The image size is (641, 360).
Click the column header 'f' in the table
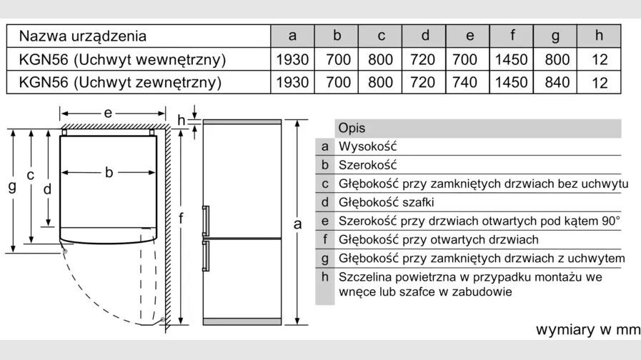pyautogui.click(x=512, y=35)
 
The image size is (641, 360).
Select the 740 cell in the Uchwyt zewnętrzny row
pyautogui.click(x=464, y=82)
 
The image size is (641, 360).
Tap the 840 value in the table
pyautogui.click(x=557, y=82)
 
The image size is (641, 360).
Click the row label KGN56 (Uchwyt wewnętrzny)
pyautogui.click(x=122, y=60)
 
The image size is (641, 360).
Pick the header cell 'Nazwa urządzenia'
pyautogui.click(x=83, y=36)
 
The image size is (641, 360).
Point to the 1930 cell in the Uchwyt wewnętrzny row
pyautogui.click(x=292, y=60)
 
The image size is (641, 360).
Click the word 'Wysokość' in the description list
pyautogui.click(x=367, y=146)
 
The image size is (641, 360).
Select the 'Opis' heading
pyautogui.click(x=352, y=129)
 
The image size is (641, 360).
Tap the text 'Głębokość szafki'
pyautogui.click(x=387, y=202)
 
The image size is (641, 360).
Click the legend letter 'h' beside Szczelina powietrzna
pyautogui.click(x=325, y=276)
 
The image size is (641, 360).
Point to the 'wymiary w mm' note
pyautogui.click(x=588, y=329)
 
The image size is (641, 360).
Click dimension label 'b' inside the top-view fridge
pyautogui.click(x=109, y=172)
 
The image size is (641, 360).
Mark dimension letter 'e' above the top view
pyautogui.click(x=108, y=113)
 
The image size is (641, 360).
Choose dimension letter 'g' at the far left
pyautogui.click(x=12, y=186)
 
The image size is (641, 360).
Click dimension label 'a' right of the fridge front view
pyautogui.click(x=297, y=224)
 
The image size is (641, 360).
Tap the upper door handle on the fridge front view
pyautogui.click(x=206, y=221)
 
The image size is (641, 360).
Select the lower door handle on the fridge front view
pyautogui.click(x=206, y=256)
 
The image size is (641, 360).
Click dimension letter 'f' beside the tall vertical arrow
pyautogui.click(x=181, y=218)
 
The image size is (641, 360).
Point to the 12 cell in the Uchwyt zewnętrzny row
pyautogui.click(x=600, y=83)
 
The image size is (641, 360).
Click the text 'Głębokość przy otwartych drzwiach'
pyautogui.click(x=439, y=239)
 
